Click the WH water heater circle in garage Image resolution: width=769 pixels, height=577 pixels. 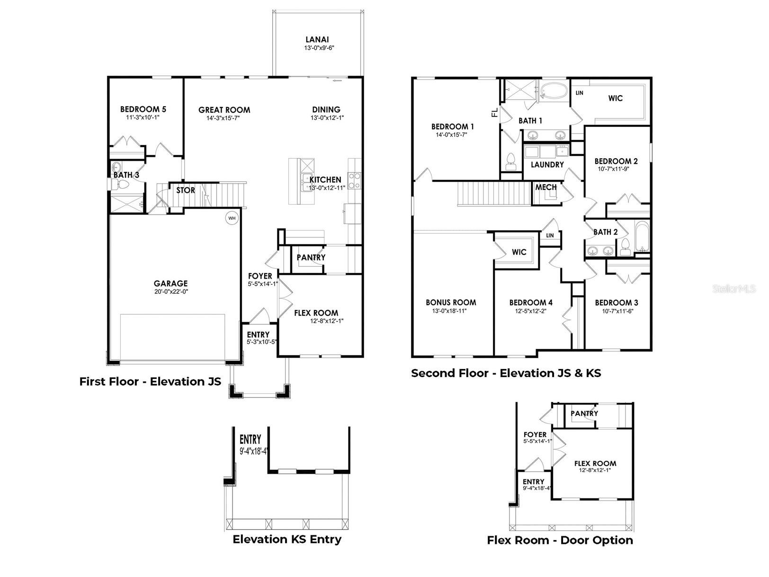[232, 218]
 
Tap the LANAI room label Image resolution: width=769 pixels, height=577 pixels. [317, 40]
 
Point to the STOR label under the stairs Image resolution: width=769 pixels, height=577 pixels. [186, 190]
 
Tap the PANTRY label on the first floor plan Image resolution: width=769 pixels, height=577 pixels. [311, 258]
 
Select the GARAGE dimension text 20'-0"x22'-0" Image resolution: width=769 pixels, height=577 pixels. [171, 292]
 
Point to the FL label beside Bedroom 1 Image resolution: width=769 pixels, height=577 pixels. [495, 113]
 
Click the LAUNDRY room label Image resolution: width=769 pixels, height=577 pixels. [547, 165]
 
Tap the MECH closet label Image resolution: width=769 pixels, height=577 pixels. [545, 188]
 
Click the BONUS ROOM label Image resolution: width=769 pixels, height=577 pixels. [451, 302]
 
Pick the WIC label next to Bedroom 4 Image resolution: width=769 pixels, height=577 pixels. [519, 252]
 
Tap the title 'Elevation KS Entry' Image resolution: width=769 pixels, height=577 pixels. [287, 539]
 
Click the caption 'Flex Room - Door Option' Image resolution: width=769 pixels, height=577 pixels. [560, 540]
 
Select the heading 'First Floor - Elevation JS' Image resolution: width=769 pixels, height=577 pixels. [150, 381]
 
